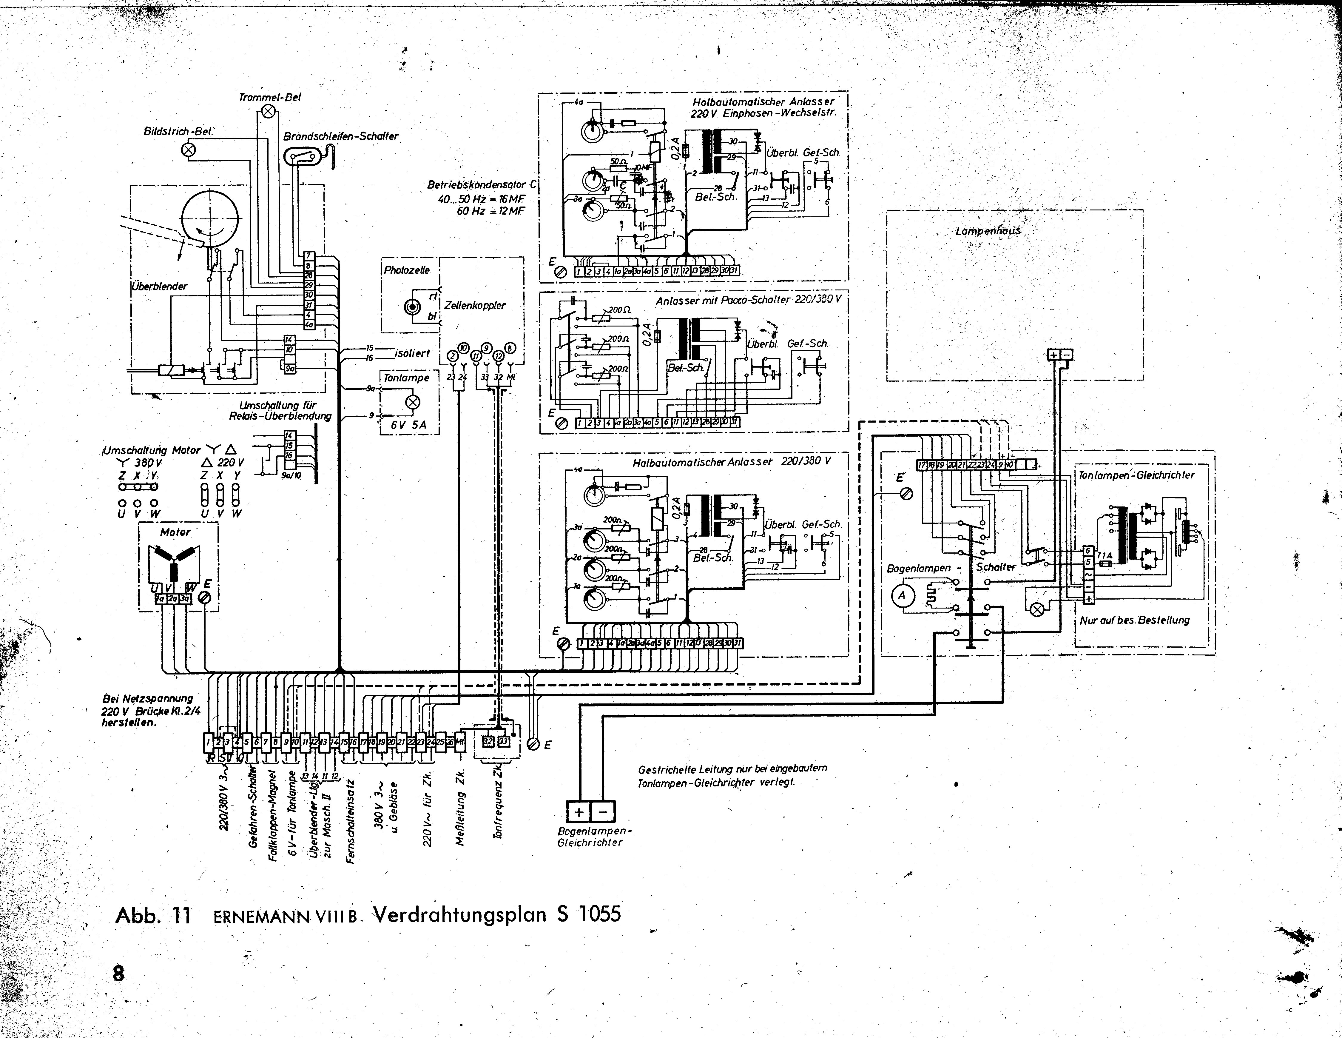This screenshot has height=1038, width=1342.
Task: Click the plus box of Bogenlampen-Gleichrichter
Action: [x=578, y=812]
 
